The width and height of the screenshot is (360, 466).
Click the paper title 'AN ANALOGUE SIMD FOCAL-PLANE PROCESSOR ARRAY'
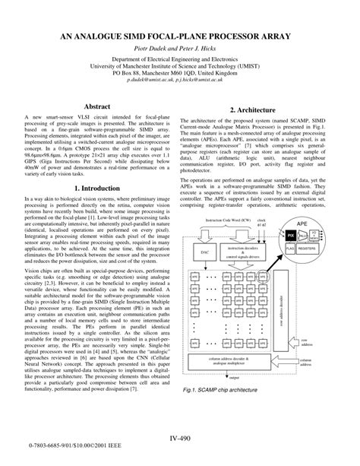tap(180, 36)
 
